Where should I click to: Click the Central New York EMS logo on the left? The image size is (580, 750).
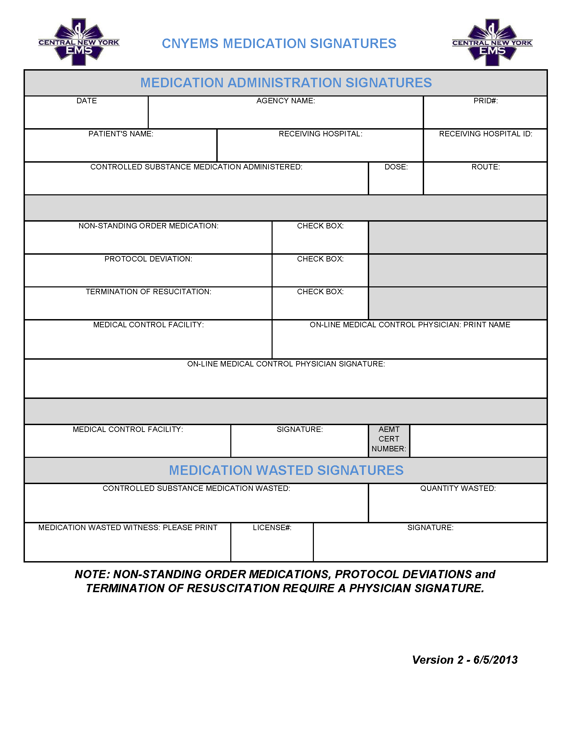point(79,42)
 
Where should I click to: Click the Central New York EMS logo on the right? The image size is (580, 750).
point(492,43)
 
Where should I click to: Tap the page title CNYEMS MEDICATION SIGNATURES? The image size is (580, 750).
point(279,44)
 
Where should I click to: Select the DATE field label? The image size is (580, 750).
point(87,101)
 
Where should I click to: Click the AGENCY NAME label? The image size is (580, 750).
point(286,101)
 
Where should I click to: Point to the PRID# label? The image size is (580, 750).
point(485,101)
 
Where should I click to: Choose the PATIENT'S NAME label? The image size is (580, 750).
point(121,134)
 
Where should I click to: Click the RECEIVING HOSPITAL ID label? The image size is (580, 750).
point(485,134)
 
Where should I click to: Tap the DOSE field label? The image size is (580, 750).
point(396,167)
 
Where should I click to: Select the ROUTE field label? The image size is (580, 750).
point(485,167)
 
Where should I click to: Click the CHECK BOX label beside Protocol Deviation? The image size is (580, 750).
point(320,259)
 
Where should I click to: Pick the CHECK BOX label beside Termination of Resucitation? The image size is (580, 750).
point(320,291)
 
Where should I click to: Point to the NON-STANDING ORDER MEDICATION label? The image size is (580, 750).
point(148,226)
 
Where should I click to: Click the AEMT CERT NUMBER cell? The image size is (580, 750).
point(389,439)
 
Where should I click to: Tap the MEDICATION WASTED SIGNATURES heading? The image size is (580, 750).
point(286,470)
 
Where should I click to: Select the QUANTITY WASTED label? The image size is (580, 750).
point(458,488)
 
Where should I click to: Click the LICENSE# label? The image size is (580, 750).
point(272,527)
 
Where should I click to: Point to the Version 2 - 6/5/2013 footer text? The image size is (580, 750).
point(465,660)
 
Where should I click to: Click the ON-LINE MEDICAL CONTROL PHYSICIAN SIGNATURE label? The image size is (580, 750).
point(286,364)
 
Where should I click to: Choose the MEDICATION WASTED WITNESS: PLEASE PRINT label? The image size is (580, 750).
point(128,527)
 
